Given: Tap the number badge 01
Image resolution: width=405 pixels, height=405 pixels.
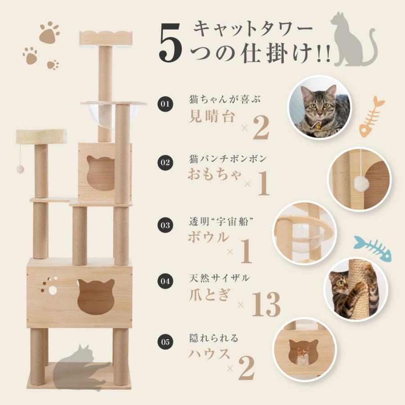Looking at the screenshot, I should coord(165,104).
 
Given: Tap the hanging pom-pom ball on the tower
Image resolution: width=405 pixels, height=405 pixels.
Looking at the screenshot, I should coord(20,169).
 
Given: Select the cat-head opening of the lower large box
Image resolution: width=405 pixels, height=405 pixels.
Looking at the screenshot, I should coord(95,296).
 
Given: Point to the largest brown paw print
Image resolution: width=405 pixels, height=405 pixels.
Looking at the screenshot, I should coord(49,33).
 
